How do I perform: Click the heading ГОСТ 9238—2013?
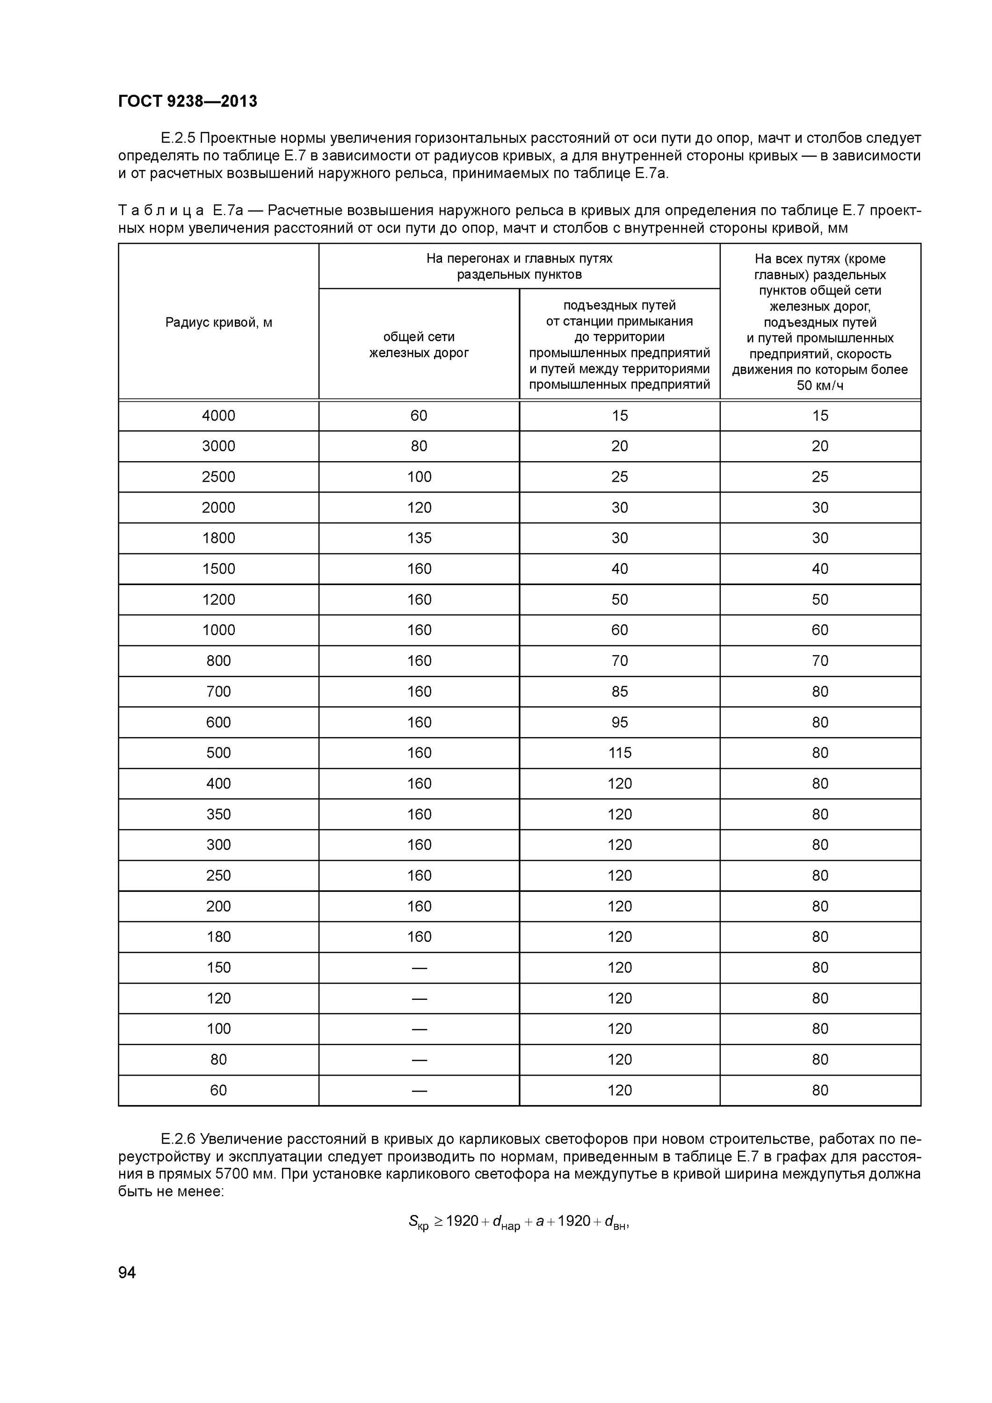point(188,101)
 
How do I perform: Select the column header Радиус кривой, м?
point(219,323)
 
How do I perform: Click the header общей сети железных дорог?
point(419,345)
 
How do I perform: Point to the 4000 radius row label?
point(218,416)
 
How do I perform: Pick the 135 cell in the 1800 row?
point(419,538)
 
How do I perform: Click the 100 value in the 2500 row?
point(419,477)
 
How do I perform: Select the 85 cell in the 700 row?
point(619,692)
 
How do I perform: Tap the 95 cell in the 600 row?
point(619,722)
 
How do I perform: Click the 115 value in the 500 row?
point(619,753)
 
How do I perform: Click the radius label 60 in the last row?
point(218,1090)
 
